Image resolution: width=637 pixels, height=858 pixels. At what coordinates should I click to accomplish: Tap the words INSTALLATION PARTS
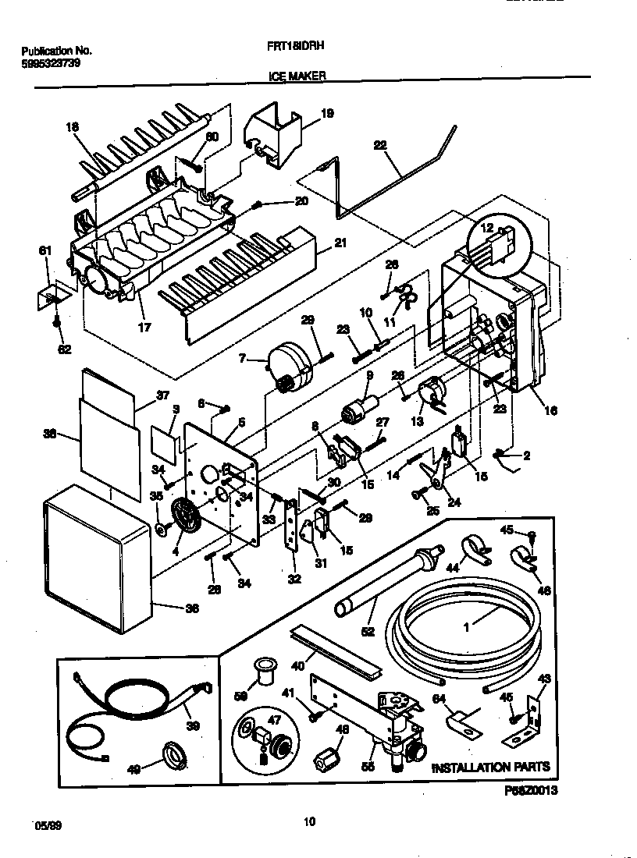point(491,767)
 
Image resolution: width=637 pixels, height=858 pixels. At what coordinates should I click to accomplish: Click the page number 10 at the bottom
point(310,820)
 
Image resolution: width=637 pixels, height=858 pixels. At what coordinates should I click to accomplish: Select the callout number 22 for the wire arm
point(380,145)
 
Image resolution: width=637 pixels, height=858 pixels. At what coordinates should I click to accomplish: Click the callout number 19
point(327,113)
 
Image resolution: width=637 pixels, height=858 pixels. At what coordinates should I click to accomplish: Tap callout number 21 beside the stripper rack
point(340,243)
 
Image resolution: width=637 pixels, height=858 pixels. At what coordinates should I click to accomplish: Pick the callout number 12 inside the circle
point(486,229)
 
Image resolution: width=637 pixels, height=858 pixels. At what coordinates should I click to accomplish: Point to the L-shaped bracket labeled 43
point(534,718)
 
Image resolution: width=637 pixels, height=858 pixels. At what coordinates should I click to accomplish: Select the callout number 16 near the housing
point(551,410)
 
